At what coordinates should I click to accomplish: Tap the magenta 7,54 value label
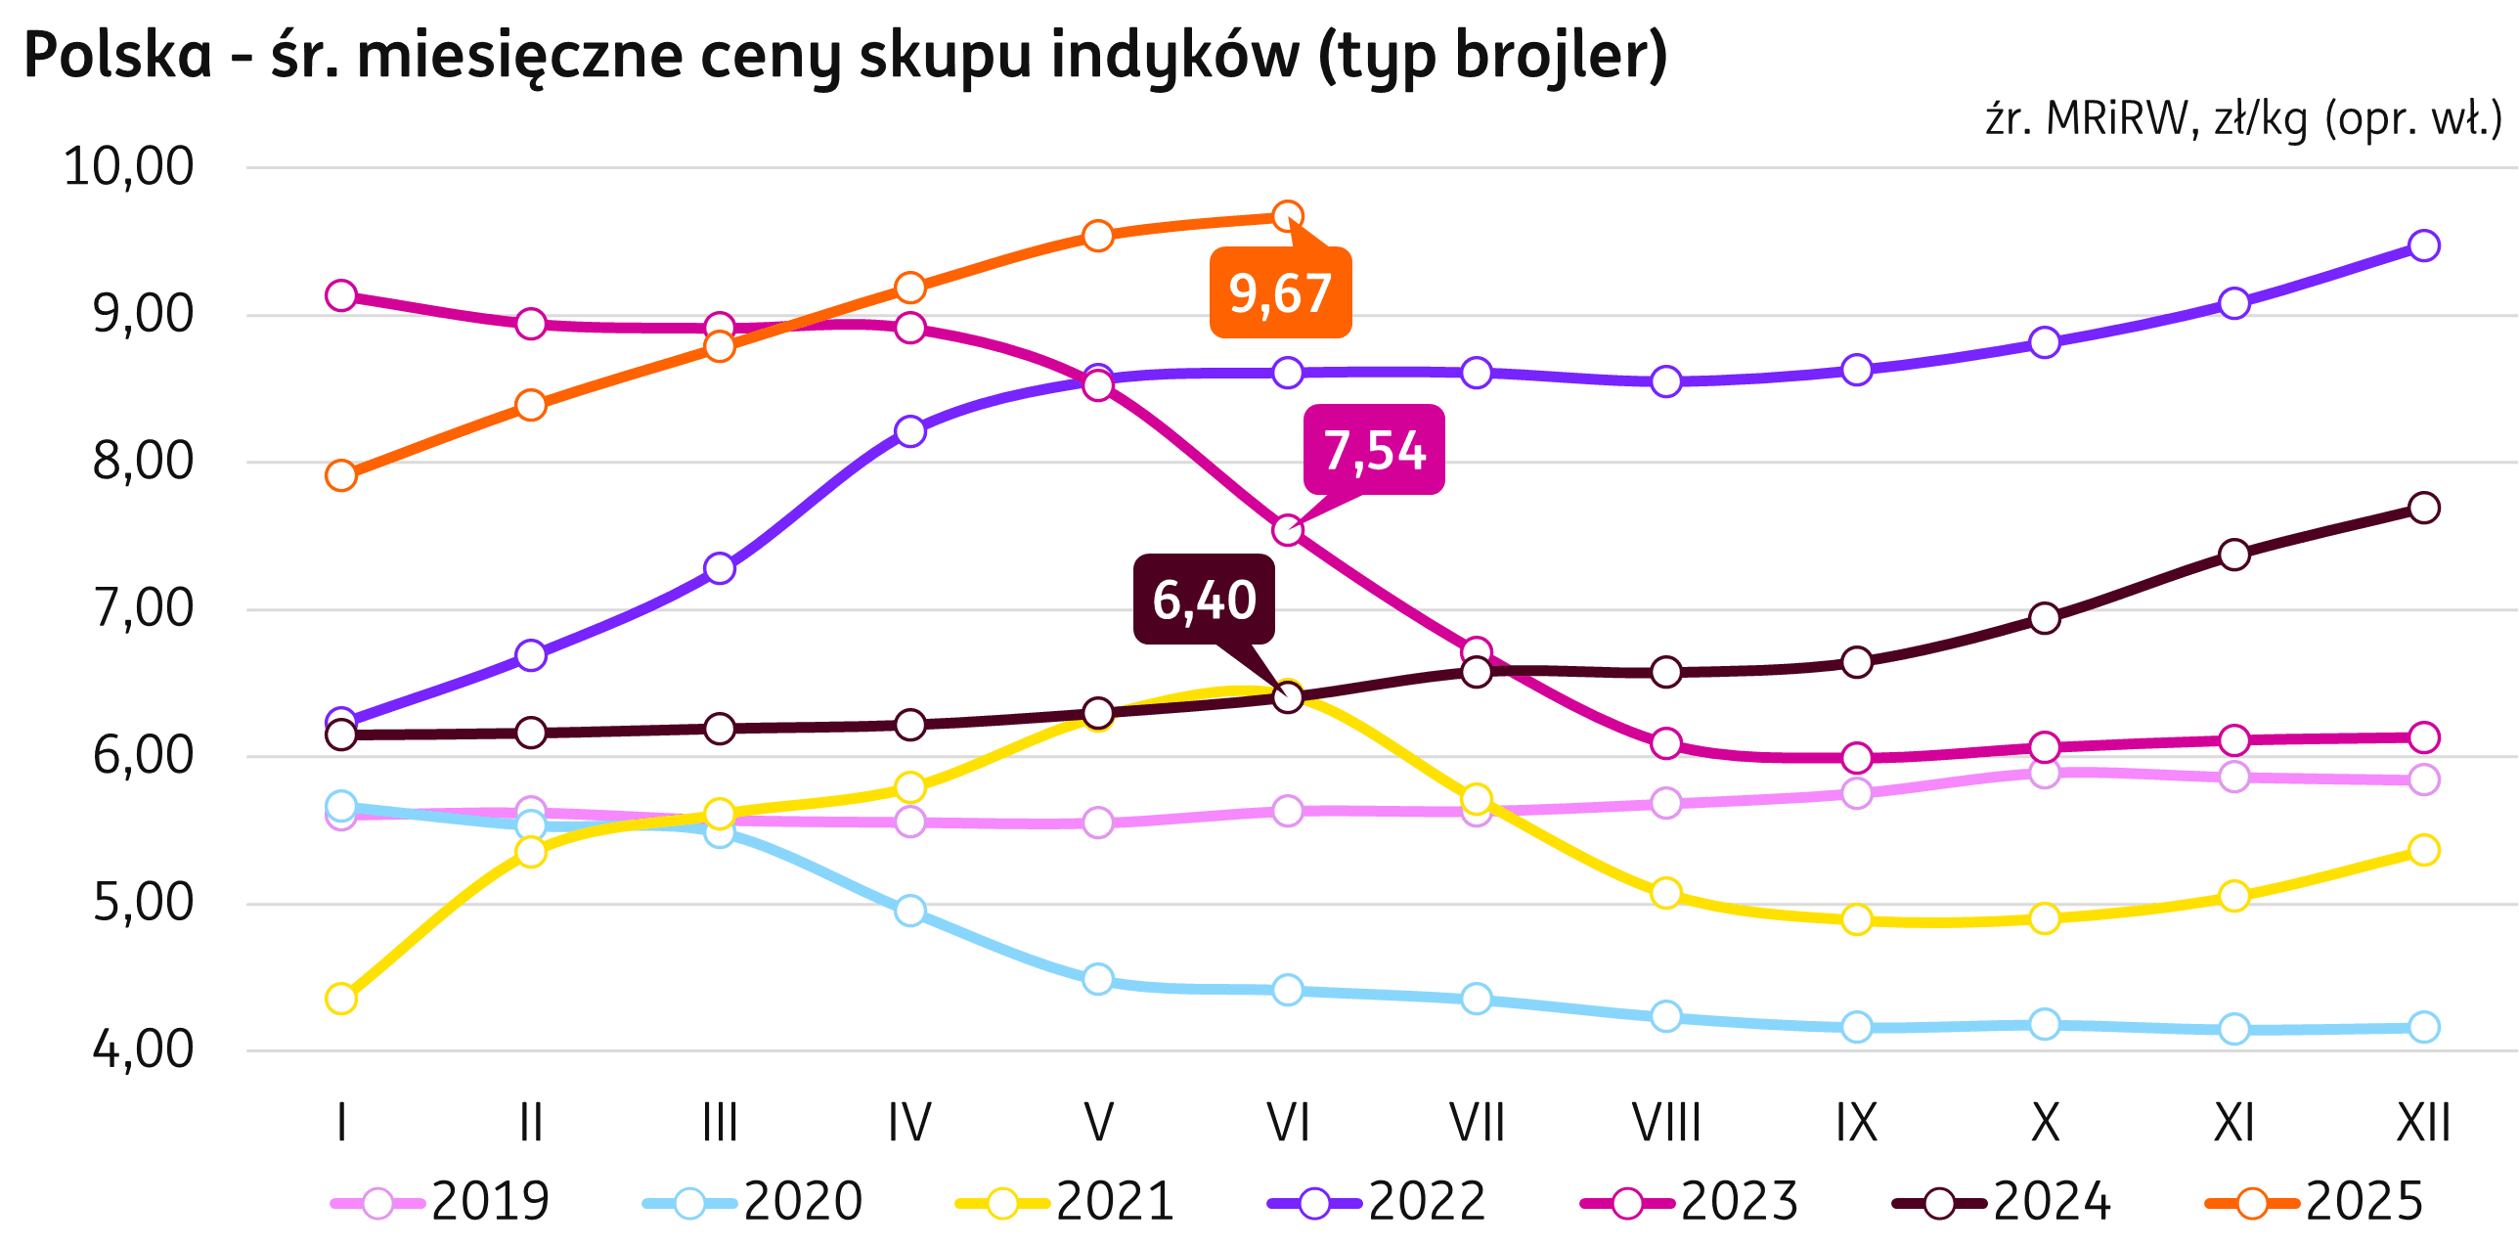coord(1374,451)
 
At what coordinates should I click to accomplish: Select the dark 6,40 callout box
coord(1204,600)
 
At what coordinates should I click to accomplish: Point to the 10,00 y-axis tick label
coord(128,166)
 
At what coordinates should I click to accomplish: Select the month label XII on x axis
coord(2423,1122)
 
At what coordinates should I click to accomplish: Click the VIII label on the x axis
coord(1666,1122)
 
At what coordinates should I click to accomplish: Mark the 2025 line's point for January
coord(341,476)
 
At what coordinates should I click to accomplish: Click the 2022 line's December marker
coord(2424,245)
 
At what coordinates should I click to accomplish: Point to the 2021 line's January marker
coord(341,999)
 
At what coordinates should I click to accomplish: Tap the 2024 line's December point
coord(2424,508)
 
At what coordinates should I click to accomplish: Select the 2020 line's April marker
coord(909,911)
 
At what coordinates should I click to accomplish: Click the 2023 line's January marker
coord(341,294)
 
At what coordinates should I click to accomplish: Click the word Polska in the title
coord(117,56)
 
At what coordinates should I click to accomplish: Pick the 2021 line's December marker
coord(2424,849)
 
